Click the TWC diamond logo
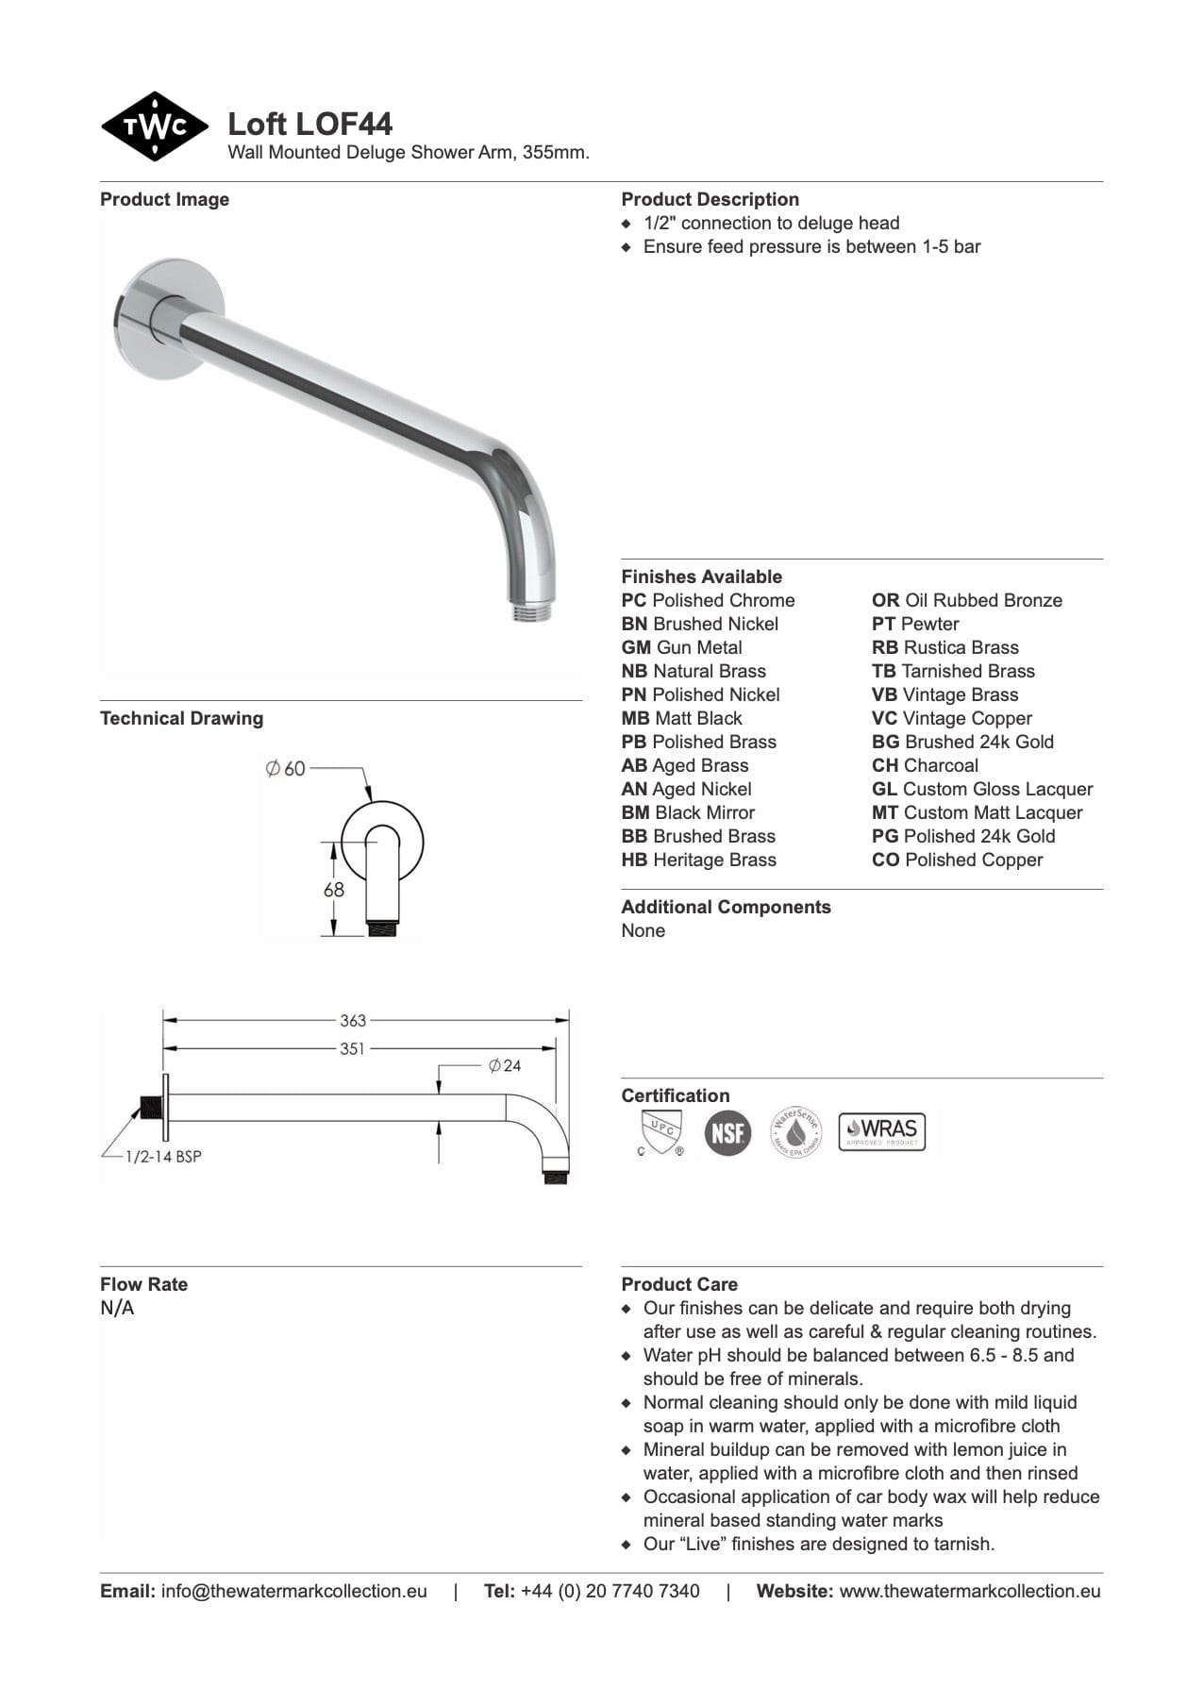(x=154, y=126)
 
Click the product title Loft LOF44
(x=309, y=124)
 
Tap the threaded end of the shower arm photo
(x=533, y=610)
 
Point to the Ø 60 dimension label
(x=285, y=769)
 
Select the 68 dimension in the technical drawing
(x=334, y=889)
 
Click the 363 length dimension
(x=353, y=1020)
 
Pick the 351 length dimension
(x=352, y=1048)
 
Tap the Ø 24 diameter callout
(x=505, y=1065)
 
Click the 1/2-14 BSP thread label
(x=163, y=1156)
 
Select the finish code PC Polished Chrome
(x=708, y=600)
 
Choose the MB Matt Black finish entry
(x=681, y=718)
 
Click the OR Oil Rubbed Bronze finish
(x=966, y=600)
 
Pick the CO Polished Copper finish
(x=957, y=860)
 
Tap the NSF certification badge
(x=727, y=1132)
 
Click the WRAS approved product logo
(x=881, y=1131)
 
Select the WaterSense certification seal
(x=795, y=1132)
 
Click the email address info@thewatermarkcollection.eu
(x=293, y=1591)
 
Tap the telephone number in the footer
(x=610, y=1591)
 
